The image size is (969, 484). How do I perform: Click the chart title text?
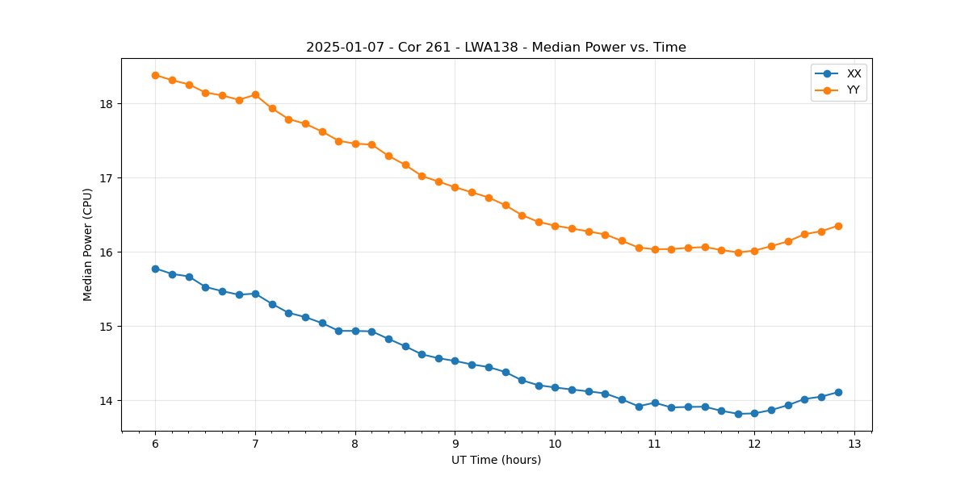tap(496, 48)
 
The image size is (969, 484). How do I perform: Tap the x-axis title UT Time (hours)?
tap(496, 460)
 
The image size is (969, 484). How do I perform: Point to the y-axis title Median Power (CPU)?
tap(87, 244)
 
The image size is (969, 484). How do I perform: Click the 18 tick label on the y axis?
tap(106, 104)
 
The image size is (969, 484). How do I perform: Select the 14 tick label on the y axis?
tap(106, 401)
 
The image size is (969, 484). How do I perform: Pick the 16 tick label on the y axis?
tap(106, 252)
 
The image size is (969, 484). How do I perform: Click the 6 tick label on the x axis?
tap(155, 444)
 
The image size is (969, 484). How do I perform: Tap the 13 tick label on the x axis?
tap(854, 444)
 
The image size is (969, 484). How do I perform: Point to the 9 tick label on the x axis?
tap(455, 444)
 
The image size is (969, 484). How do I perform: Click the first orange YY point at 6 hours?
tap(155, 75)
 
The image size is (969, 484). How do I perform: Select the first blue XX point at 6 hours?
tap(155, 269)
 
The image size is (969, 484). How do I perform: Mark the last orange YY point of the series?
tap(838, 226)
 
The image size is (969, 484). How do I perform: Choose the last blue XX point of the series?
tap(838, 392)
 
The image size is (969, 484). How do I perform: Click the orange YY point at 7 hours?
tap(255, 94)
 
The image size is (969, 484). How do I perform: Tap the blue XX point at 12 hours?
tap(754, 413)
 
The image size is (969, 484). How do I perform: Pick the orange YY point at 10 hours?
tap(555, 226)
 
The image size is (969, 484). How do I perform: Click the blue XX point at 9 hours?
tap(455, 361)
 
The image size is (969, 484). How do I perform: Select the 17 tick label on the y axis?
tap(106, 178)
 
